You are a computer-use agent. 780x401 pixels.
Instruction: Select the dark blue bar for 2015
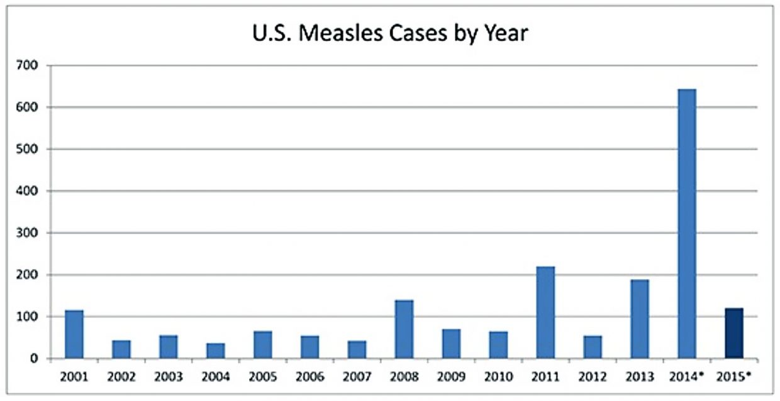pyautogui.click(x=734, y=333)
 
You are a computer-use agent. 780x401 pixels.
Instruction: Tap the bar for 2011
pyautogui.click(x=545, y=312)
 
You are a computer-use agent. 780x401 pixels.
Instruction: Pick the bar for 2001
pyautogui.click(x=74, y=334)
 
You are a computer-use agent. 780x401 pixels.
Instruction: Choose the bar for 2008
pyautogui.click(x=404, y=329)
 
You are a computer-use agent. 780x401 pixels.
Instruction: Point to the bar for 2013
pyautogui.click(x=640, y=319)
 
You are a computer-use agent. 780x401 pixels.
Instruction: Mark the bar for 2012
pyautogui.click(x=593, y=347)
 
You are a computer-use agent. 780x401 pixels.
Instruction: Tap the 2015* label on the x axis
pyautogui.click(x=735, y=377)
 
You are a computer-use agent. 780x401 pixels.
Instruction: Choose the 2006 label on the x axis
pyautogui.click(x=309, y=377)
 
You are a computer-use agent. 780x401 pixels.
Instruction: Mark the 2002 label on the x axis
pyautogui.click(x=121, y=377)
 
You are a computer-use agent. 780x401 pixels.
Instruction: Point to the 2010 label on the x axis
pyautogui.click(x=498, y=377)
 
